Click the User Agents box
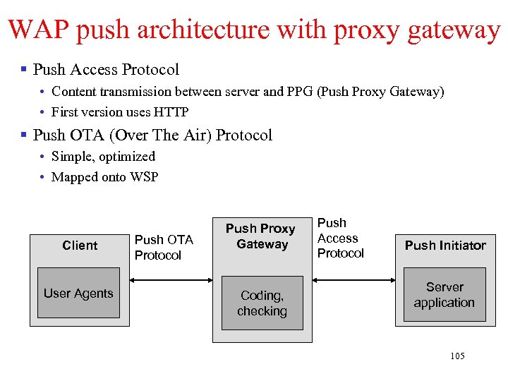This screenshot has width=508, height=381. point(78,294)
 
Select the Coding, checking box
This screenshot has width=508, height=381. point(262,303)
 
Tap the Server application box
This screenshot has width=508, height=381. point(444,295)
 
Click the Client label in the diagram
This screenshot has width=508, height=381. point(80,246)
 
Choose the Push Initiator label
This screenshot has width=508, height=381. point(445,246)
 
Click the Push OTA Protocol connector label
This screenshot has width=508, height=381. point(163,248)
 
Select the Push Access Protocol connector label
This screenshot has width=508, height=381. point(340,238)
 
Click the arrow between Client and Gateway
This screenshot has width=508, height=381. point(171,281)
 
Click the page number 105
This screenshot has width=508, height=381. point(457,356)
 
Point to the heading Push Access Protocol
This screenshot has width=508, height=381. point(106,69)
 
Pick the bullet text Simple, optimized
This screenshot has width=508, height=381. point(103,157)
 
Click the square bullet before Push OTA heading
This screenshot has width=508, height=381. point(24,135)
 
